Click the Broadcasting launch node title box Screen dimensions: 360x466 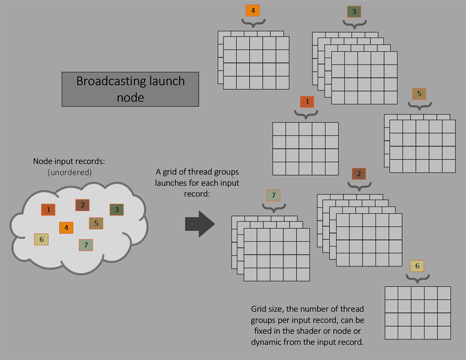pos(130,89)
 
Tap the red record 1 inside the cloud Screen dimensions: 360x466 pos(48,210)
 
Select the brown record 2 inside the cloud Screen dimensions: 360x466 pos(83,205)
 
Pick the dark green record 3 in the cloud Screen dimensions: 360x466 pos(116,210)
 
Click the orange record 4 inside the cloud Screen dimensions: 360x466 pos(66,228)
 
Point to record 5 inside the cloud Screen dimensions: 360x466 pos(96,223)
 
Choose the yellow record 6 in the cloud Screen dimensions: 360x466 pos(42,239)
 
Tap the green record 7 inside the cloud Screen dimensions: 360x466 pos(86,245)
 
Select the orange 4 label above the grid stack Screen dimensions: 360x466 pos(253,11)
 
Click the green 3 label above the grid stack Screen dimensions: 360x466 pos(354,12)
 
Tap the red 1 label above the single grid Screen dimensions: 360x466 pos(307,102)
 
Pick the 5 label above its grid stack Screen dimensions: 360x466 pos(419,94)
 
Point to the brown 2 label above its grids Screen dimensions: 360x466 pos(359,174)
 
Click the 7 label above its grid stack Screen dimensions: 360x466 pos(273,195)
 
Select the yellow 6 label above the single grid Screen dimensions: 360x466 pos(417,266)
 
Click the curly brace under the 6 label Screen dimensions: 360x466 pos(418,279)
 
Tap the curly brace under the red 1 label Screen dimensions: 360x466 pos(306,115)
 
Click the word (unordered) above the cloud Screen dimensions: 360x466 pos(70,172)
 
